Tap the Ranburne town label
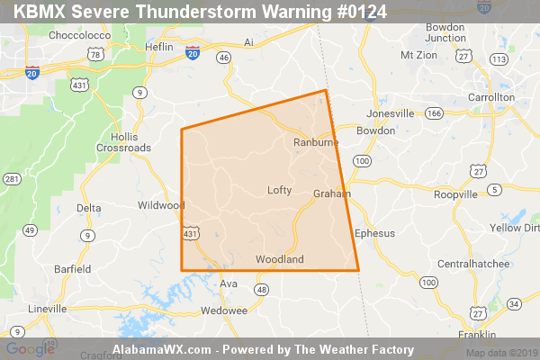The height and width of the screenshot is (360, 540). (314, 143)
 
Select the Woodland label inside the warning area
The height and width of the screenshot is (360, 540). (280, 260)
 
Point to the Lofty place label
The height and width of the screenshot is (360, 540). (280, 190)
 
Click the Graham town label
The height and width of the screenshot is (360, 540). (331, 194)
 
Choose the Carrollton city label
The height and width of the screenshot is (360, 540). (490, 97)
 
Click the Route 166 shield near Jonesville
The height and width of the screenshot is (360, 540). (435, 113)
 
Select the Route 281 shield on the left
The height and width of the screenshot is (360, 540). (12, 180)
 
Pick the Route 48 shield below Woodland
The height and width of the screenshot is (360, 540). (261, 290)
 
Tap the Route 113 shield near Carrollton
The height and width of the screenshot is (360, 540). (498, 58)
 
